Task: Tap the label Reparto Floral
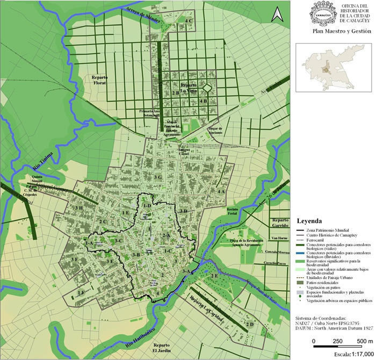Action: (97, 80)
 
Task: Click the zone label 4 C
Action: (189, 20)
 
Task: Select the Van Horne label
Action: (280, 238)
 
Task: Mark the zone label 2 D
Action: (249, 325)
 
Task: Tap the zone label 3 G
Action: (158, 177)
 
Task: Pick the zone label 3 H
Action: (78, 208)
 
